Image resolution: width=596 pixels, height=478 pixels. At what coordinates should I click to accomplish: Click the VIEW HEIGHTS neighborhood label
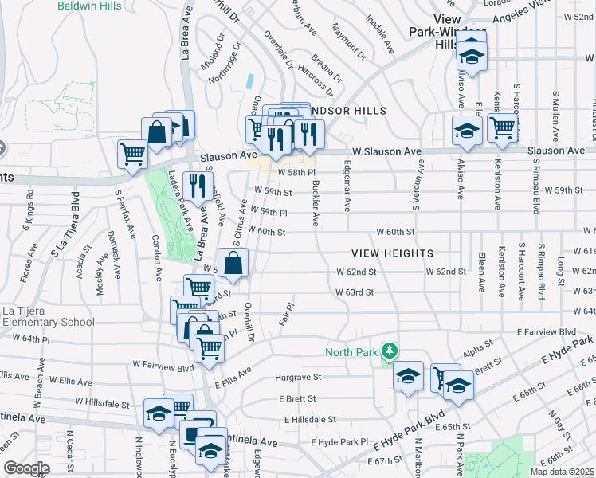coord(394,253)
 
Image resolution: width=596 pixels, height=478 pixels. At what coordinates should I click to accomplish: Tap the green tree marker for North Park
coord(390,351)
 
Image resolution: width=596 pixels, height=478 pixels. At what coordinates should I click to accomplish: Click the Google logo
coord(26,468)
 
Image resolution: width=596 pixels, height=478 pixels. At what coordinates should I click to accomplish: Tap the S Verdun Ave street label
coord(415,188)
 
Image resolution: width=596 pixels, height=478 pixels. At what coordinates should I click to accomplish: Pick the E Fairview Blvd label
coord(546,331)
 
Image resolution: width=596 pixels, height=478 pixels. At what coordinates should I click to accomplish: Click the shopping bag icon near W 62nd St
coord(233,263)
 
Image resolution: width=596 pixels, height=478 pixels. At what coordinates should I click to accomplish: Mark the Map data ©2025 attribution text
coord(563,472)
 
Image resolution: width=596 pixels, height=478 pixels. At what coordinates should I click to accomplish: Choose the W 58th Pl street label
coord(296,172)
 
